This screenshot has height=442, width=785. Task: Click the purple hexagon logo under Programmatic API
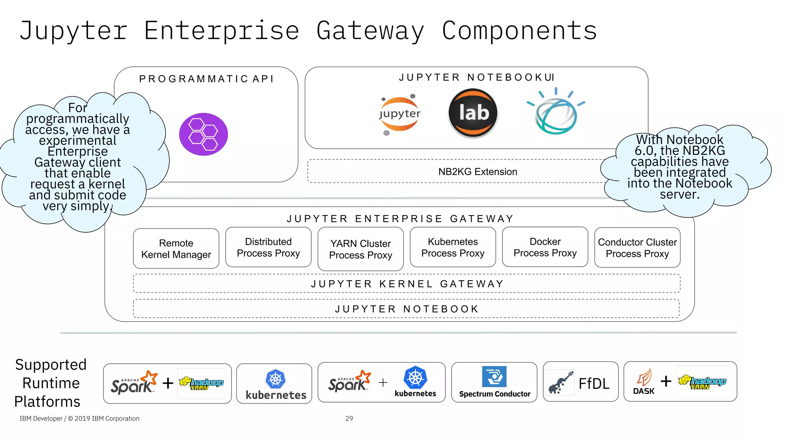tap(204, 134)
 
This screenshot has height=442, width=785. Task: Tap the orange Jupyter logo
tap(399, 114)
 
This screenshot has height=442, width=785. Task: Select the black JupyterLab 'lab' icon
tap(473, 113)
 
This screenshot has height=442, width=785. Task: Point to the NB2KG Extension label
tap(478, 172)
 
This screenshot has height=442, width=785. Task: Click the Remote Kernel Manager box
tap(176, 249)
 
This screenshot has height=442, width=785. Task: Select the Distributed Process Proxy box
tap(268, 247)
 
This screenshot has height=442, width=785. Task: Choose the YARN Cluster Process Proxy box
tap(360, 249)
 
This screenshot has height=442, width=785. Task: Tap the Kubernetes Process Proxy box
tap(453, 247)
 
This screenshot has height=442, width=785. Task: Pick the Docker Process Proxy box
tap(545, 247)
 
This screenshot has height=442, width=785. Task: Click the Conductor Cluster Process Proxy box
tap(637, 248)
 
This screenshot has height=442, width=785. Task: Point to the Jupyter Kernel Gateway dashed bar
tap(407, 284)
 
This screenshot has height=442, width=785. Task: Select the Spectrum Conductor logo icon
tap(494, 376)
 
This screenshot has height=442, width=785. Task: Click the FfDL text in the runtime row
tap(594, 383)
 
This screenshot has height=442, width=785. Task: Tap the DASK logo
tap(644, 381)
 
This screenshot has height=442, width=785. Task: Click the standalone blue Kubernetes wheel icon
tap(276, 379)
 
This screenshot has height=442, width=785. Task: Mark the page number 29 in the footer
tap(349, 418)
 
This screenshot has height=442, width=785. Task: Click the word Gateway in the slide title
tap(370, 31)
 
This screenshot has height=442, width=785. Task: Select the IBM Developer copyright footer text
tap(79, 418)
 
